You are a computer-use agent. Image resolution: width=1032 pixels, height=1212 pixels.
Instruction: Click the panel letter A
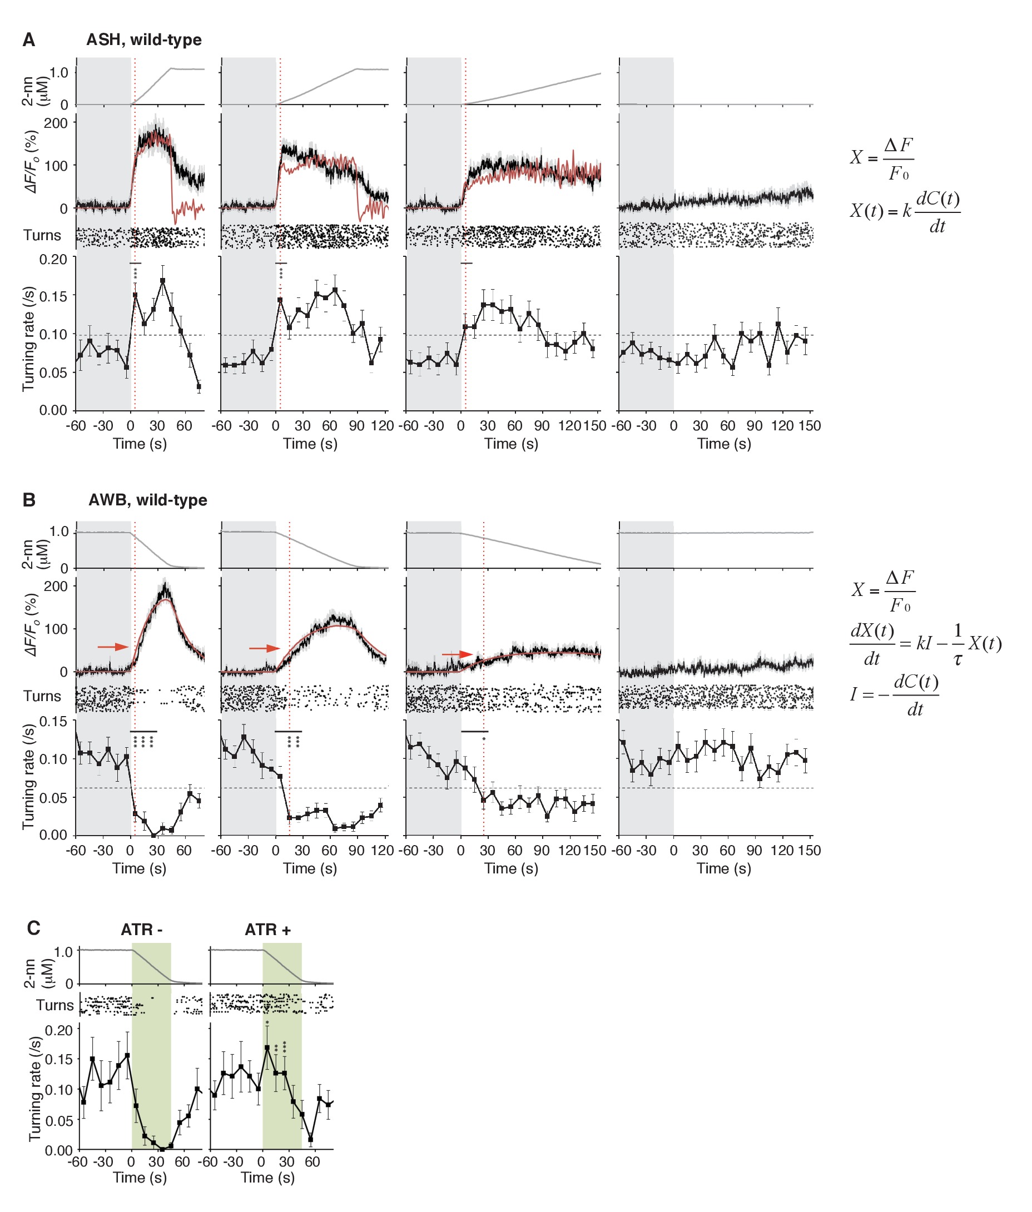click(x=29, y=40)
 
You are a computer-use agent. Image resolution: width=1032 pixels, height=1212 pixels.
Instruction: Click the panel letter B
click(x=29, y=500)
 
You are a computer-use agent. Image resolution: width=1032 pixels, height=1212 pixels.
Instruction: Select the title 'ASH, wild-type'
click(x=144, y=40)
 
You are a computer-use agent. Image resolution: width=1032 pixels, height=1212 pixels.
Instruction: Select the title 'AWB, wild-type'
click(x=147, y=500)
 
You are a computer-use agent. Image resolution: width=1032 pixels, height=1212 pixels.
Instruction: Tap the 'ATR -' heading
click(x=141, y=930)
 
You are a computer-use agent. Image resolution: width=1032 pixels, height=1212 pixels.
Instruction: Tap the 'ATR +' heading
click(x=267, y=930)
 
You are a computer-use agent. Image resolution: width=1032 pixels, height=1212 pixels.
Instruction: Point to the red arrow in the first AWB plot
click(x=113, y=647)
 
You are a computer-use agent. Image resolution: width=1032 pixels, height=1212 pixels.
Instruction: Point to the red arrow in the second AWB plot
click(x=265, y=648)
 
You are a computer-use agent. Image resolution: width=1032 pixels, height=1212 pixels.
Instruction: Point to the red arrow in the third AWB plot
click(x=457, y=654)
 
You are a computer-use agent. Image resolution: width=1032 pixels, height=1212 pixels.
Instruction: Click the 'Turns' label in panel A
click(x=42, y=235)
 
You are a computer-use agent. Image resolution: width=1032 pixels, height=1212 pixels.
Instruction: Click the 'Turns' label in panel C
click(x=55, y=1005)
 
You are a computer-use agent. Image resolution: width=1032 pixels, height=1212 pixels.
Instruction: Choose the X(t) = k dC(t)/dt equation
click(x=905, y=212)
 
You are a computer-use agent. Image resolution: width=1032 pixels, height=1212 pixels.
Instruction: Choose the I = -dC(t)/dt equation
click(x=895, y=695)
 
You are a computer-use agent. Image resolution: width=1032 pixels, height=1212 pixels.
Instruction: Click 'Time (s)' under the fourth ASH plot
click(x=724, y=444)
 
